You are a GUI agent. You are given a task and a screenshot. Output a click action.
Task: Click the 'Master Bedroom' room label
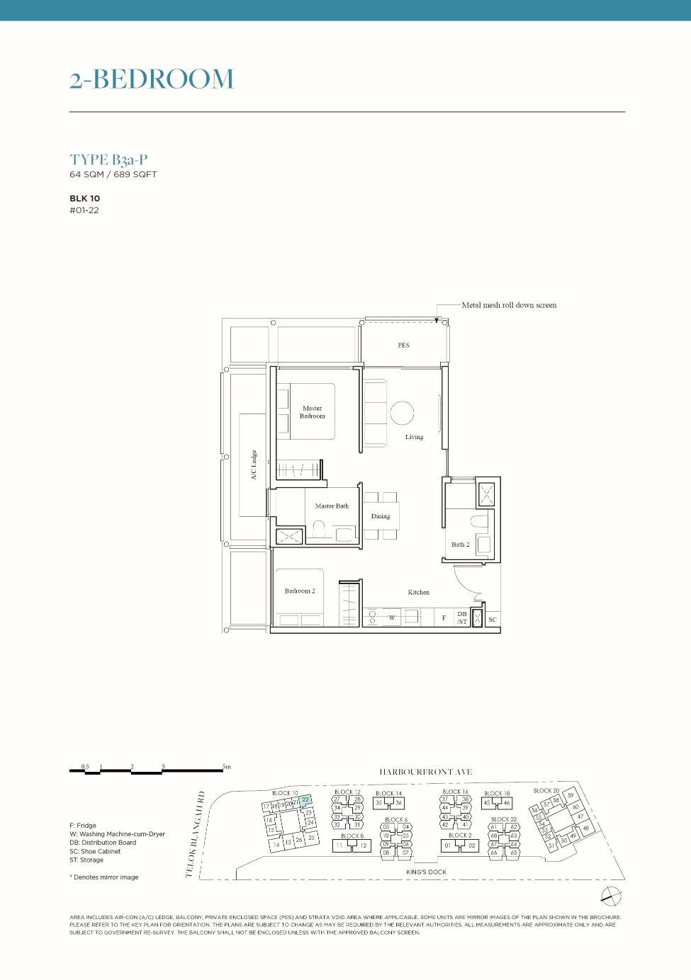pyautogui.click(x=312, y=412)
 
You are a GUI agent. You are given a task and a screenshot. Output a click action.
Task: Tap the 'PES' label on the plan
pyautogui.click(x=403, y=346)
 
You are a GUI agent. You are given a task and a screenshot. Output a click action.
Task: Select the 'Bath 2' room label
pyautogui.click(x=461, y=545)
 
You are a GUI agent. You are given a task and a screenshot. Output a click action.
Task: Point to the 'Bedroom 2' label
pyautogui.click(x=300, y=591)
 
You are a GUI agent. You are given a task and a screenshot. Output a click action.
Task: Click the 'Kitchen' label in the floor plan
pyautogui.click(x=418, y=592)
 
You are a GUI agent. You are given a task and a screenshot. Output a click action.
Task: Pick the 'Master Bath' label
pyautogui.click(x=332, y=506)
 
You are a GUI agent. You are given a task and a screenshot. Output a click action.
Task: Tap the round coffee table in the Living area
pyautogui.click(x=402, y=413)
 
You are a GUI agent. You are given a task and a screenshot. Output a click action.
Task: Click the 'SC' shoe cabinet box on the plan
pyautogui.click(x=493, y=620)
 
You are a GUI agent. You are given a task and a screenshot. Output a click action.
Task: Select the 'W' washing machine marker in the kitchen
pyautogui.click(x=391, y=618)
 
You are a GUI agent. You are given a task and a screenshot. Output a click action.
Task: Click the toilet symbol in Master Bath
pyautogui.click(x=319, y=530)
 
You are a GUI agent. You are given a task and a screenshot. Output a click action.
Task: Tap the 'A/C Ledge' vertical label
pyautogui.click(x=254, y=465)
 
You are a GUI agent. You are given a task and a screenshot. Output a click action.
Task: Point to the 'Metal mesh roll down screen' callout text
pyautogui.click(x=509, y=305)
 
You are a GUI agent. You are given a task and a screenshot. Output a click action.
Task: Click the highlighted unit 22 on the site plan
pyautogui.click(x=305, y=800)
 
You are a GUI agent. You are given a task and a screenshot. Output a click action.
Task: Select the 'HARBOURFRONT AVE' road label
pyautogui.click(x=425, y=772)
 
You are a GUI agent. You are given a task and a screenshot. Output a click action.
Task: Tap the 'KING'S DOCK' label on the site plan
pyautogui.click(x=426, y=872)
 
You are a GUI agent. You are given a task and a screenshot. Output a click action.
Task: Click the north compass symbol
pyautogui.click(x=611, y=896)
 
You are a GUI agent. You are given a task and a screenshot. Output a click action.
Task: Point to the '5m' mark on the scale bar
pyautogui.click(x=226, y=767)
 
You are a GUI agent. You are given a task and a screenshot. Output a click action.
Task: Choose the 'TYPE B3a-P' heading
pyautogui.click(x=108, y=160)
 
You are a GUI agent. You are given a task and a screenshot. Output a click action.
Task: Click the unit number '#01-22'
pyautogui.click(x=84, y=210)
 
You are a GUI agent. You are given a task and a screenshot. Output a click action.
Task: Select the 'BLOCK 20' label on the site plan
pyautogui.click(x=546, y=791)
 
